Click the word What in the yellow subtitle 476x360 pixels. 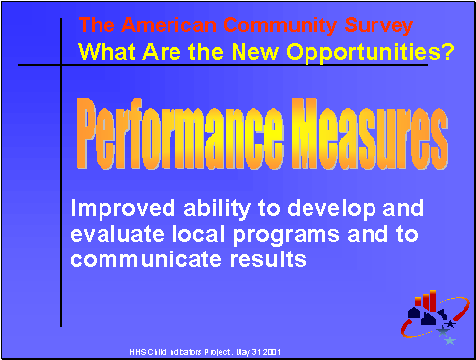click(104, 52)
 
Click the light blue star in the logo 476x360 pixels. click(450, 340)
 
